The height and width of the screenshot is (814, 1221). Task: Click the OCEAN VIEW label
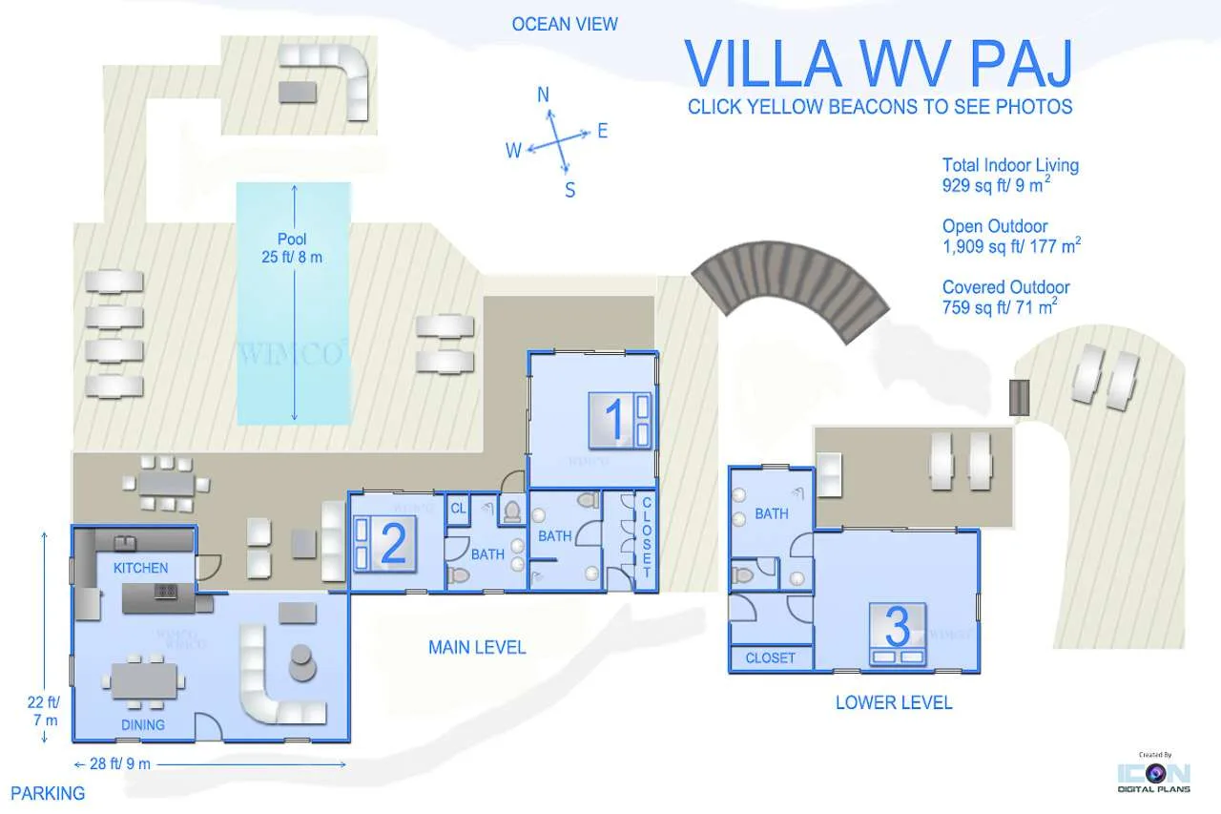click(565, 24)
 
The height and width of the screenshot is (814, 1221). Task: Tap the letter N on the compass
click(543, 94)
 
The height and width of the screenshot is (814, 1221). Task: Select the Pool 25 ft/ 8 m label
click(292, 247)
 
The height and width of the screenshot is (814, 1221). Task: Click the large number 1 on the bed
click(613, 419)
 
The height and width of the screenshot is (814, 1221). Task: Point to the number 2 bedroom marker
click(393, 543)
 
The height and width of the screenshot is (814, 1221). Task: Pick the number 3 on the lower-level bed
click(898, 627)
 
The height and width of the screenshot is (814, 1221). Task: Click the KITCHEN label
click(140, 568)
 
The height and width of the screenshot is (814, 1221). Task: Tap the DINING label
click(143, 725)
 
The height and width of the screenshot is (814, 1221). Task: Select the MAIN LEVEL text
click(477, 648)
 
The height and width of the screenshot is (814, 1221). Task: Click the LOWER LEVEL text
click(894, 702)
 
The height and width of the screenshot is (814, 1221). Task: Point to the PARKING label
click(48, 793)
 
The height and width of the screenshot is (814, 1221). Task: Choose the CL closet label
click(459, 508)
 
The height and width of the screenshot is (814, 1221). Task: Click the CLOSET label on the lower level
click(770, 658)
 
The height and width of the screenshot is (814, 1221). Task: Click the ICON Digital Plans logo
click(1154, 774)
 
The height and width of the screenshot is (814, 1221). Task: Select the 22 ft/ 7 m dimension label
click(44, 711)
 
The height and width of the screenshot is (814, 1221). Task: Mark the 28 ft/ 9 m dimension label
click(120, 763)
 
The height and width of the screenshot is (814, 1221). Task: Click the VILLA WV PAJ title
click(879, 63)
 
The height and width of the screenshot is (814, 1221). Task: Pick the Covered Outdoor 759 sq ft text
click(1005, 297)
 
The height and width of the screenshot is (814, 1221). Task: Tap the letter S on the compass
click(570, 190)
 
